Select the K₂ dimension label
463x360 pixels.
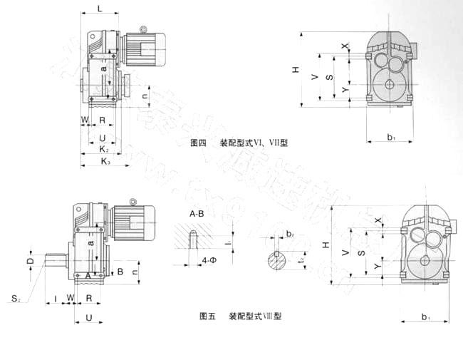click(x=104, y=149)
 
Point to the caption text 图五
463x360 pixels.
click(x=207, y=314)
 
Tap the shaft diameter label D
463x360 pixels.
click(x=29, y=262)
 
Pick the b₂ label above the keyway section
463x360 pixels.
click(x=289, y=232)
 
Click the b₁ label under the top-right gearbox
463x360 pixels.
click(x=391, y=136)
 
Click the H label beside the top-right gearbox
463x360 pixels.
click(x=295, y=70)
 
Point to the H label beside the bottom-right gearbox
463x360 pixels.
click(x=326, y=246)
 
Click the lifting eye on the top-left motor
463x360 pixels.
click(x=143, y=30)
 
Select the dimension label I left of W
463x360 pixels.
click(x=56, y=296)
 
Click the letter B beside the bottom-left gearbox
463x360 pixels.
click(x=120, y=271)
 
